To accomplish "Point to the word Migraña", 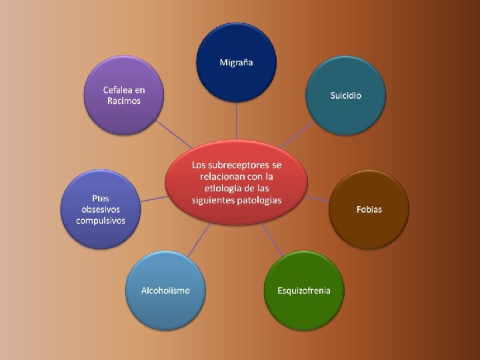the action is [x=236, y=63].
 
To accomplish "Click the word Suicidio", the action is [x=345, y=95].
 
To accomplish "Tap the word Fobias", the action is [x=369, y=209].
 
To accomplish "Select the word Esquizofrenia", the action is [x=304, y=291].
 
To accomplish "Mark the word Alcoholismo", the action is [x=165, y=291].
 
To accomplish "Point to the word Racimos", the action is [x=124, y=101].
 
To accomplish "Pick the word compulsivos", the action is [x=101, y=221].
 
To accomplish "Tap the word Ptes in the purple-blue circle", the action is [x=101, y=198].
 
